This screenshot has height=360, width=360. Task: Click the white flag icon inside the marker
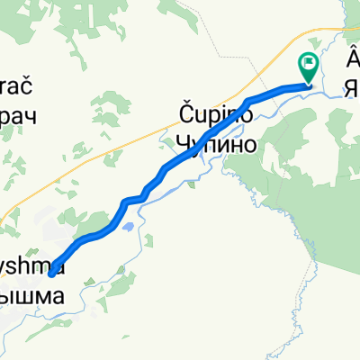point(309,65)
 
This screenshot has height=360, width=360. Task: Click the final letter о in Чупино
point(249,143)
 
